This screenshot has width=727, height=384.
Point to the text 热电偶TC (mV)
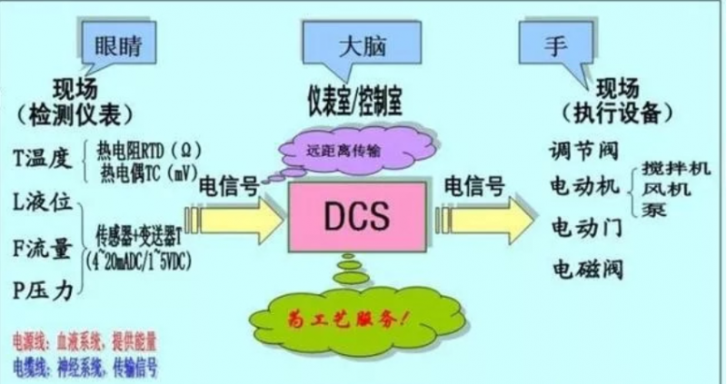pyautogui.click(x=153, y=169)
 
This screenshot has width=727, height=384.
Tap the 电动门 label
pyautogui.click(x=586, y=227)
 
